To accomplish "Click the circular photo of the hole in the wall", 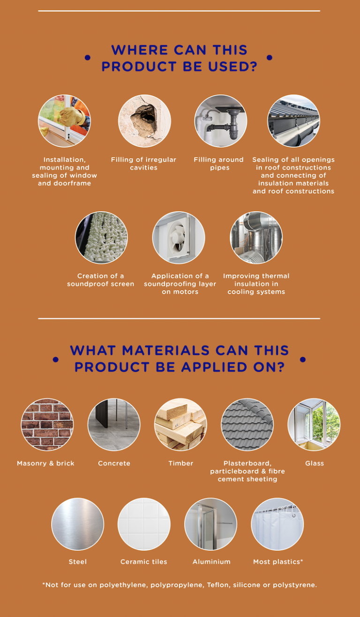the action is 144,121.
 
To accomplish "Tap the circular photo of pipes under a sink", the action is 220,121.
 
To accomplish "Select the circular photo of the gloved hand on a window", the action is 64,121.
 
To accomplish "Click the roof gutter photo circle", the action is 293,121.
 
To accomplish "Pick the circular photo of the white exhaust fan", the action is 179,238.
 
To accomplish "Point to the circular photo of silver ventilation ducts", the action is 256,238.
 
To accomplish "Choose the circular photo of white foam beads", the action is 101,238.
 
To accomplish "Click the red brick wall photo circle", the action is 47,424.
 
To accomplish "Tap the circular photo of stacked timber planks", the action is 180,424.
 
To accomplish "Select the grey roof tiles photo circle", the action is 247,424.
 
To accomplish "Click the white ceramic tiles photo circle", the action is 144,524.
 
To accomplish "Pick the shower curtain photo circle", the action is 277,524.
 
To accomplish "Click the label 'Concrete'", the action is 114,463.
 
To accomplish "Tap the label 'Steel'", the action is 78,562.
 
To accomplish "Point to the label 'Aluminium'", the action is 211,562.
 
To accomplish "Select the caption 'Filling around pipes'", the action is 219,164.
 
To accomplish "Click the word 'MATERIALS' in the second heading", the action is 166,350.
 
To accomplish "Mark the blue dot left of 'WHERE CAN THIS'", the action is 88,58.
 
